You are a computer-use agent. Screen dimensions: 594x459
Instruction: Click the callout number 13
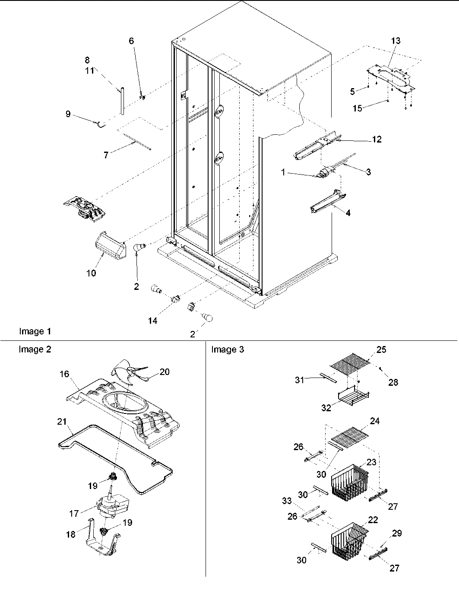coord(396,41)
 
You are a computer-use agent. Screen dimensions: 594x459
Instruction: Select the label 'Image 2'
coord(35,349)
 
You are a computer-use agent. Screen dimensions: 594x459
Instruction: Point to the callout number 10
coord(91,273)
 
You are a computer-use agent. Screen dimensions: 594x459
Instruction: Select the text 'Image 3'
coord(227,349)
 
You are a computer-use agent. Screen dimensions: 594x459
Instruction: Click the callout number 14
coord(152,321)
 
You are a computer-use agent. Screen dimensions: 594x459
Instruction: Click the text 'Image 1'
coord(35,331)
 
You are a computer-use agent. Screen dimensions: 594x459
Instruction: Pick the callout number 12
coord(377,140)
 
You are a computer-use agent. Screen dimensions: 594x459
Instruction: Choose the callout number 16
coord(64,374)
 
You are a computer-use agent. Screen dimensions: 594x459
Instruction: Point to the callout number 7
coord(106,155)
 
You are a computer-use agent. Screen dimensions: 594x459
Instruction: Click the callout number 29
coord(396,533)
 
